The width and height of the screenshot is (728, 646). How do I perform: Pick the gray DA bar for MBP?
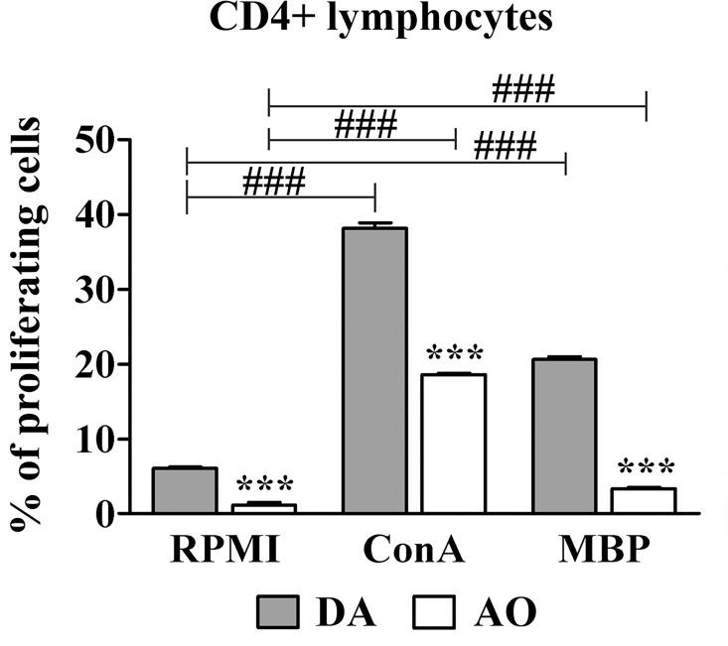564,436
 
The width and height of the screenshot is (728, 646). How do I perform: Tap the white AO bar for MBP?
645,500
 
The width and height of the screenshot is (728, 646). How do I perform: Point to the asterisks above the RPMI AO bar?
264,486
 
